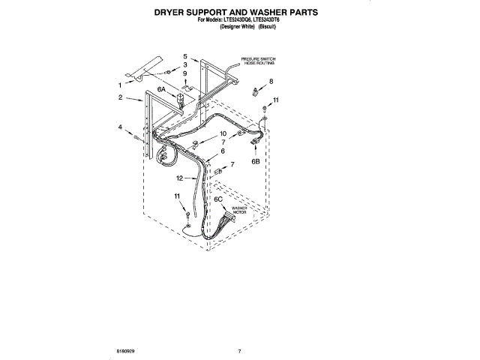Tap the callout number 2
tap(120, 97)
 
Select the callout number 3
tap(185, 65)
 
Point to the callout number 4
tap(120, 127)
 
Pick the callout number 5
tap(185, 56)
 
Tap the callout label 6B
tap(256, 160)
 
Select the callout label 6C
tap(218, 199)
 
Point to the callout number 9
tap(185, 74)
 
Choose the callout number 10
tap(223, 134)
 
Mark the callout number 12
tap(180, 178)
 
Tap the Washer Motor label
tap(239, 210)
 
